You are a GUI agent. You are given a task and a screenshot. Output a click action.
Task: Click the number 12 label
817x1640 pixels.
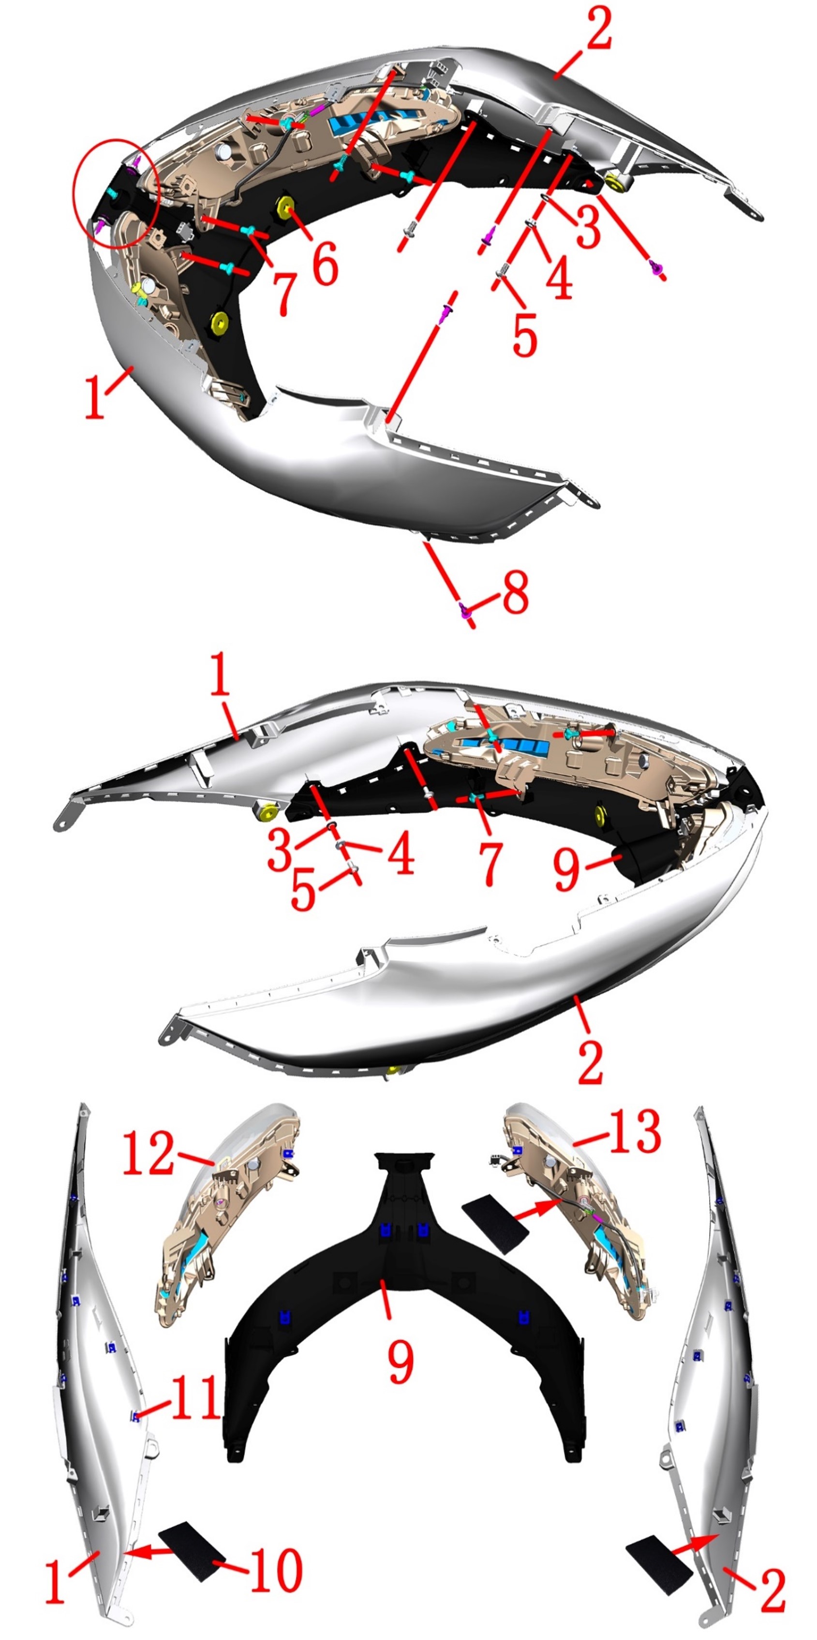point(148,1153)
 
